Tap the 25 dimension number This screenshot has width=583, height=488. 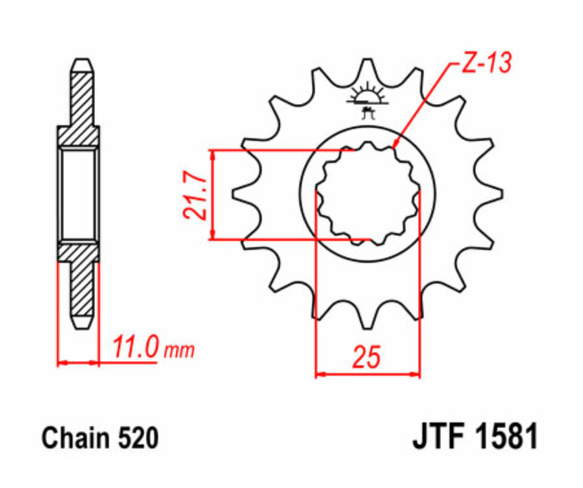coord(367,356)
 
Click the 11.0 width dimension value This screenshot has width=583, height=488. coord(135,348)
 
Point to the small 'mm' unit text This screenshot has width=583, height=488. coord(179,351)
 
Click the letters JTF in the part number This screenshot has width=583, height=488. coord(439,439)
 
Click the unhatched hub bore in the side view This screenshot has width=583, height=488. coord(79,193)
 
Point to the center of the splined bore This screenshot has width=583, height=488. coord(367,193)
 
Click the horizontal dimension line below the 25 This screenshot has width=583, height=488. coord(367,374)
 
